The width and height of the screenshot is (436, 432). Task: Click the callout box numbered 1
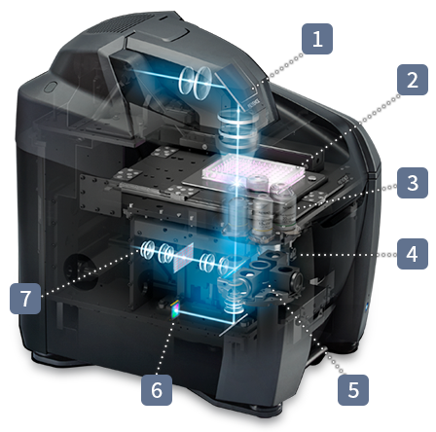coord(317,39)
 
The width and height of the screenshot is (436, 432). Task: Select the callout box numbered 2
coord(413,80)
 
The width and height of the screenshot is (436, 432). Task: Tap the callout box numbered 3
coord(413,183)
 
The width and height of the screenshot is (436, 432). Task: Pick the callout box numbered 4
coord(413,254)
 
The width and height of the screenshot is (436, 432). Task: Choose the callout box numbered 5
coord(353,390)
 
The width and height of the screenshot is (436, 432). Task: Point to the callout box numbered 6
coord(157,390)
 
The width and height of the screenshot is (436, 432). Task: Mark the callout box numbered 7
coord(25,299)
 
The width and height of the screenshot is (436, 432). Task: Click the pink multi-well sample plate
coord(253,172)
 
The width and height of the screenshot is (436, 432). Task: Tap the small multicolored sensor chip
coord(175,309)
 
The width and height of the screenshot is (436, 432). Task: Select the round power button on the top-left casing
coord(51,87)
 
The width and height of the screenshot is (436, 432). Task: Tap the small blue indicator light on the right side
coord(367,306)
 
